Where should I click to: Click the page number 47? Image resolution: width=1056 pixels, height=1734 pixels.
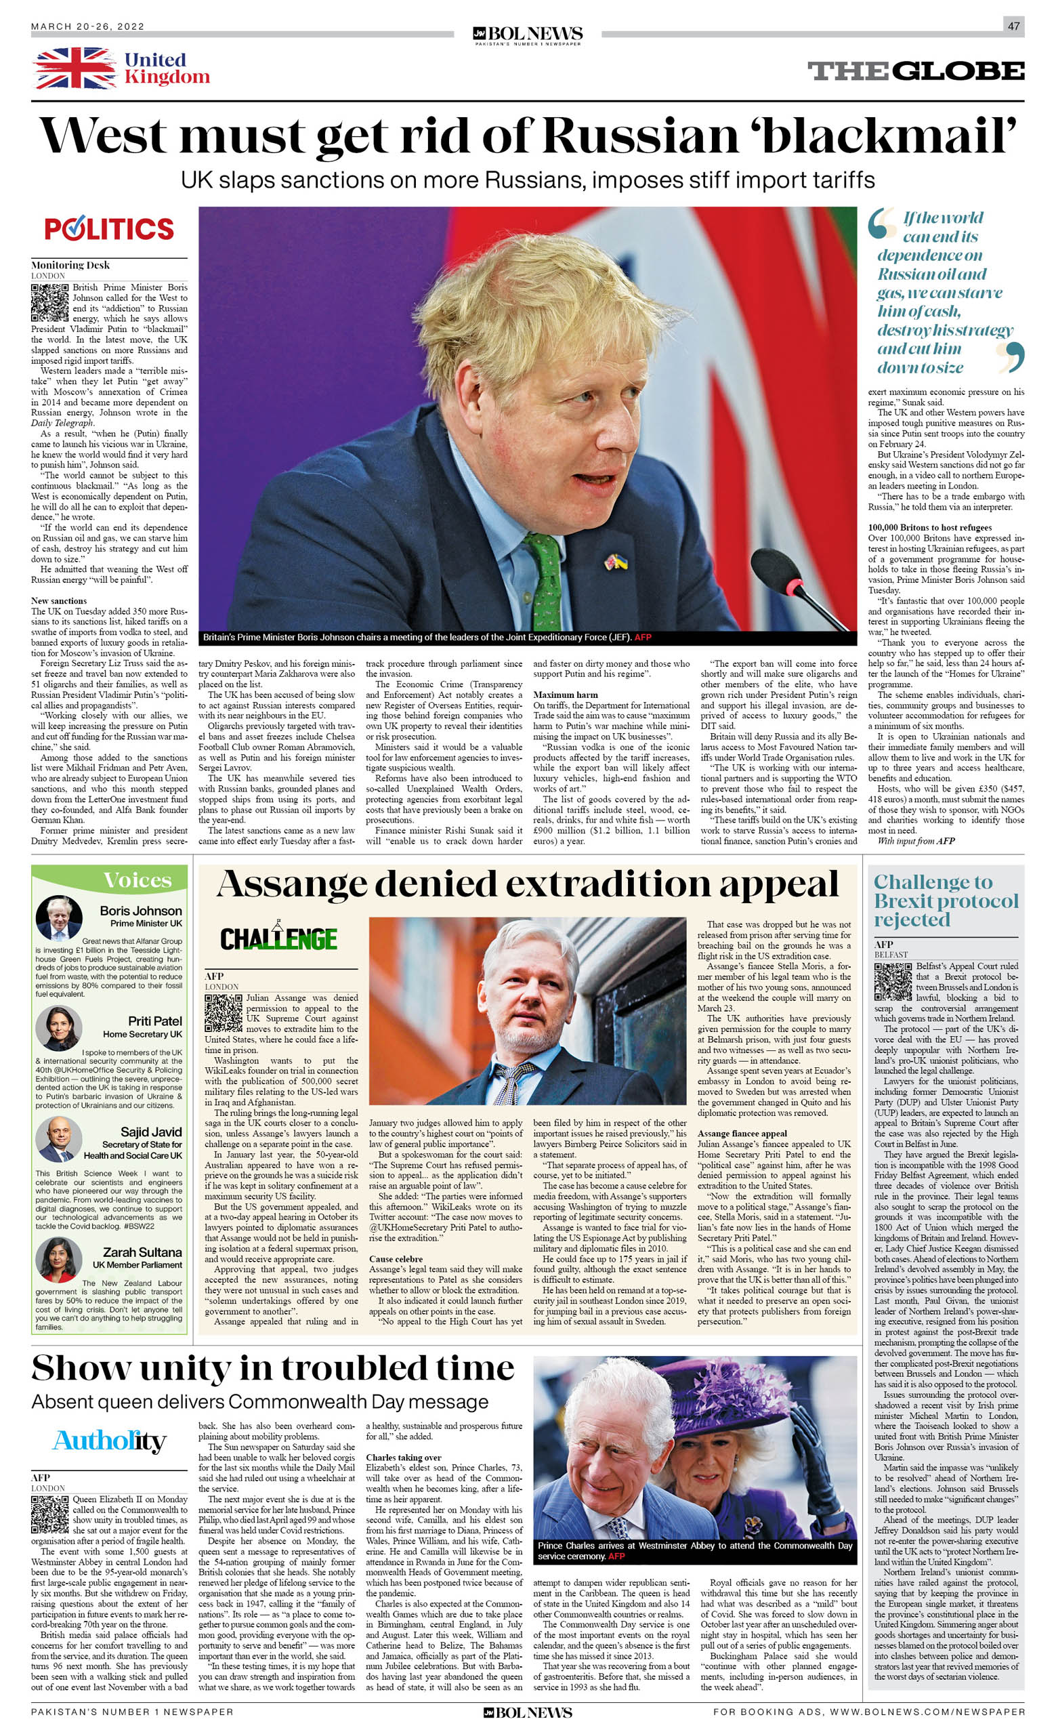[x=1013, y=26]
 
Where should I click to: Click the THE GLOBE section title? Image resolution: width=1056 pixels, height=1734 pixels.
[x=915, y=71]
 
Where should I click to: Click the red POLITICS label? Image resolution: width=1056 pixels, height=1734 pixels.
[x=109, y=229]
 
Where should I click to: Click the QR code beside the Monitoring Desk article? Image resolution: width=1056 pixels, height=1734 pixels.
[x=50, y=303]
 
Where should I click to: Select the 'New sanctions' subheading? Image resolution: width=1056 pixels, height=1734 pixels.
[x=59, y=601]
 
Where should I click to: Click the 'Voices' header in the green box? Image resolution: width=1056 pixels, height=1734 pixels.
[x=138, y=880]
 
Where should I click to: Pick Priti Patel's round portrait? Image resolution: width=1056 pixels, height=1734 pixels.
[x=59, y=1029]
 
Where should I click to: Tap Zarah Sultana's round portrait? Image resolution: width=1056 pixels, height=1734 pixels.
[x=59, y=1260]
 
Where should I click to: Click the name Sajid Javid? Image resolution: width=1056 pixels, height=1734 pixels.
[x=150, y=1132]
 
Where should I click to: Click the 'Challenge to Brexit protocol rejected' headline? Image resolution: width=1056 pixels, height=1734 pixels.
[x=946, y=901]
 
